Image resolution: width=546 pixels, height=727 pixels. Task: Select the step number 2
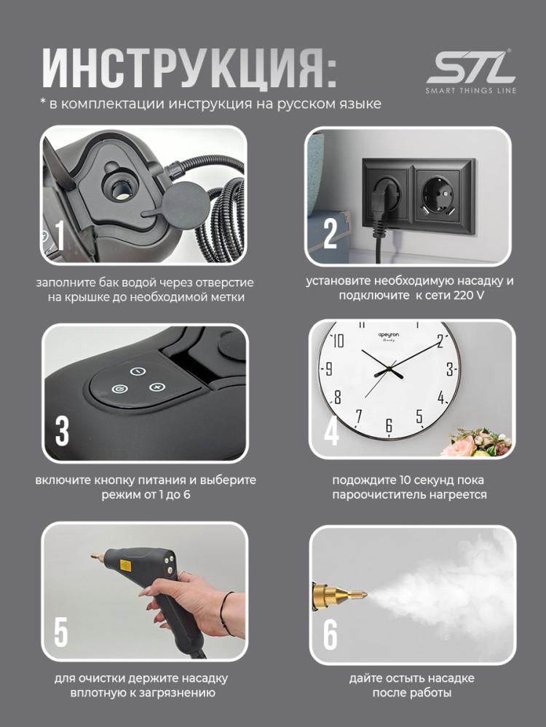click(x=330, y=233)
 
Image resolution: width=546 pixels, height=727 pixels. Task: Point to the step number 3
click(x=62, y=430)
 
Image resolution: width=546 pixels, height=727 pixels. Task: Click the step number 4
click(x=331, y=430)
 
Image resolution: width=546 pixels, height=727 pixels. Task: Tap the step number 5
click(x=61, y=632)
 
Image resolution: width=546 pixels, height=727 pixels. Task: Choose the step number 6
click(x=330, y=635)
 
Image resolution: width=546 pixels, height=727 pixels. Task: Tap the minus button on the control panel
click(x=138, y=371)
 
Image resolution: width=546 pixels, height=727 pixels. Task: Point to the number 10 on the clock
click(x=338, y=340)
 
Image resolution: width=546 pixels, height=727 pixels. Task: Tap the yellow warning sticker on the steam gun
click(x=125, y=565)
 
